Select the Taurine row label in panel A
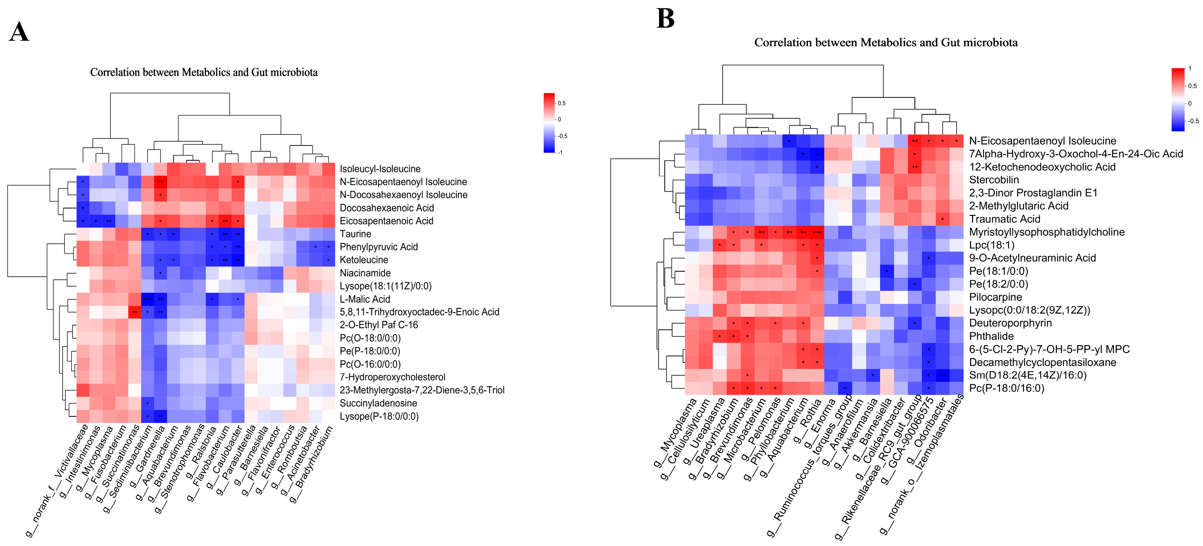pyautogui.click(x=355, y=234)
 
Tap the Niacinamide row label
pyautogui.click(x=365, y=273)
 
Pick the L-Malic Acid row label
pyautogui.click(x=365, y=299)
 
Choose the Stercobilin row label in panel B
pyautogui.click(x=994, y=180)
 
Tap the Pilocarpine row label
pyautogui.click(x=995, y=297)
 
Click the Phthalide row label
pyautogui.click(x=992, y=336)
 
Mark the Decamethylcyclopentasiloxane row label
pyautogui.click(x=1042, y=362)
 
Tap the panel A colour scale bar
pyautogui.click(x=549, y=123)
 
